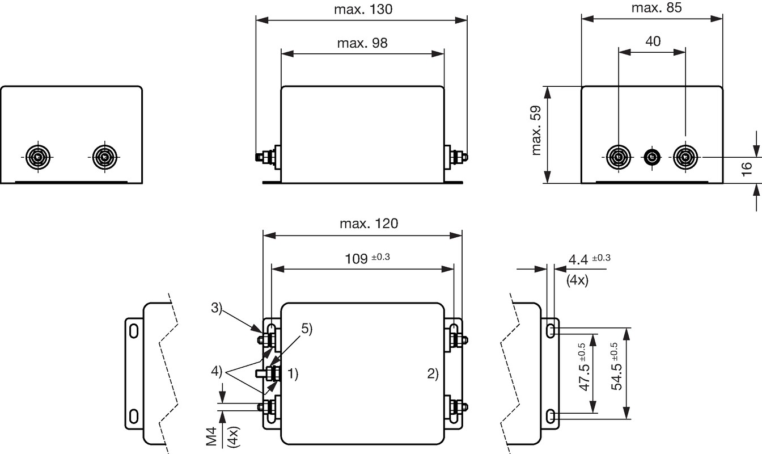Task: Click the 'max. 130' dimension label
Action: click(363, 9)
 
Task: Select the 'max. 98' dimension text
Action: click(362, 43)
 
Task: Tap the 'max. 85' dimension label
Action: click(657, 7)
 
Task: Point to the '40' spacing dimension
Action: click(653, 41)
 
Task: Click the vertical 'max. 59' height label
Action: click(536, 131)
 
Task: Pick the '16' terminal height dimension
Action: click(746, 169)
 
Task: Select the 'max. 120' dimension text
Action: click(369, 224)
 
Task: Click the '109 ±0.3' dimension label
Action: click(367, 258)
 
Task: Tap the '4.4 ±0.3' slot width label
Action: click(590, 259)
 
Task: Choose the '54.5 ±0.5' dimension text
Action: click(616, 366)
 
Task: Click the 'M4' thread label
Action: click(211, 436)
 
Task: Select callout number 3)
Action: click(217, 308)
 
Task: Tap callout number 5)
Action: click(307, 329)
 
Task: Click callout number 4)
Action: click(217, 371)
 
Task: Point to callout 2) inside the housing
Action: click(433, 373)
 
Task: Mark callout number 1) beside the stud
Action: click(293, 373)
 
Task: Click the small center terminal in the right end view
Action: click(652, 157)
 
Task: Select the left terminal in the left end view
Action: click(38, 157)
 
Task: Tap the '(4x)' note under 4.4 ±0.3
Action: click(577, 280)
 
